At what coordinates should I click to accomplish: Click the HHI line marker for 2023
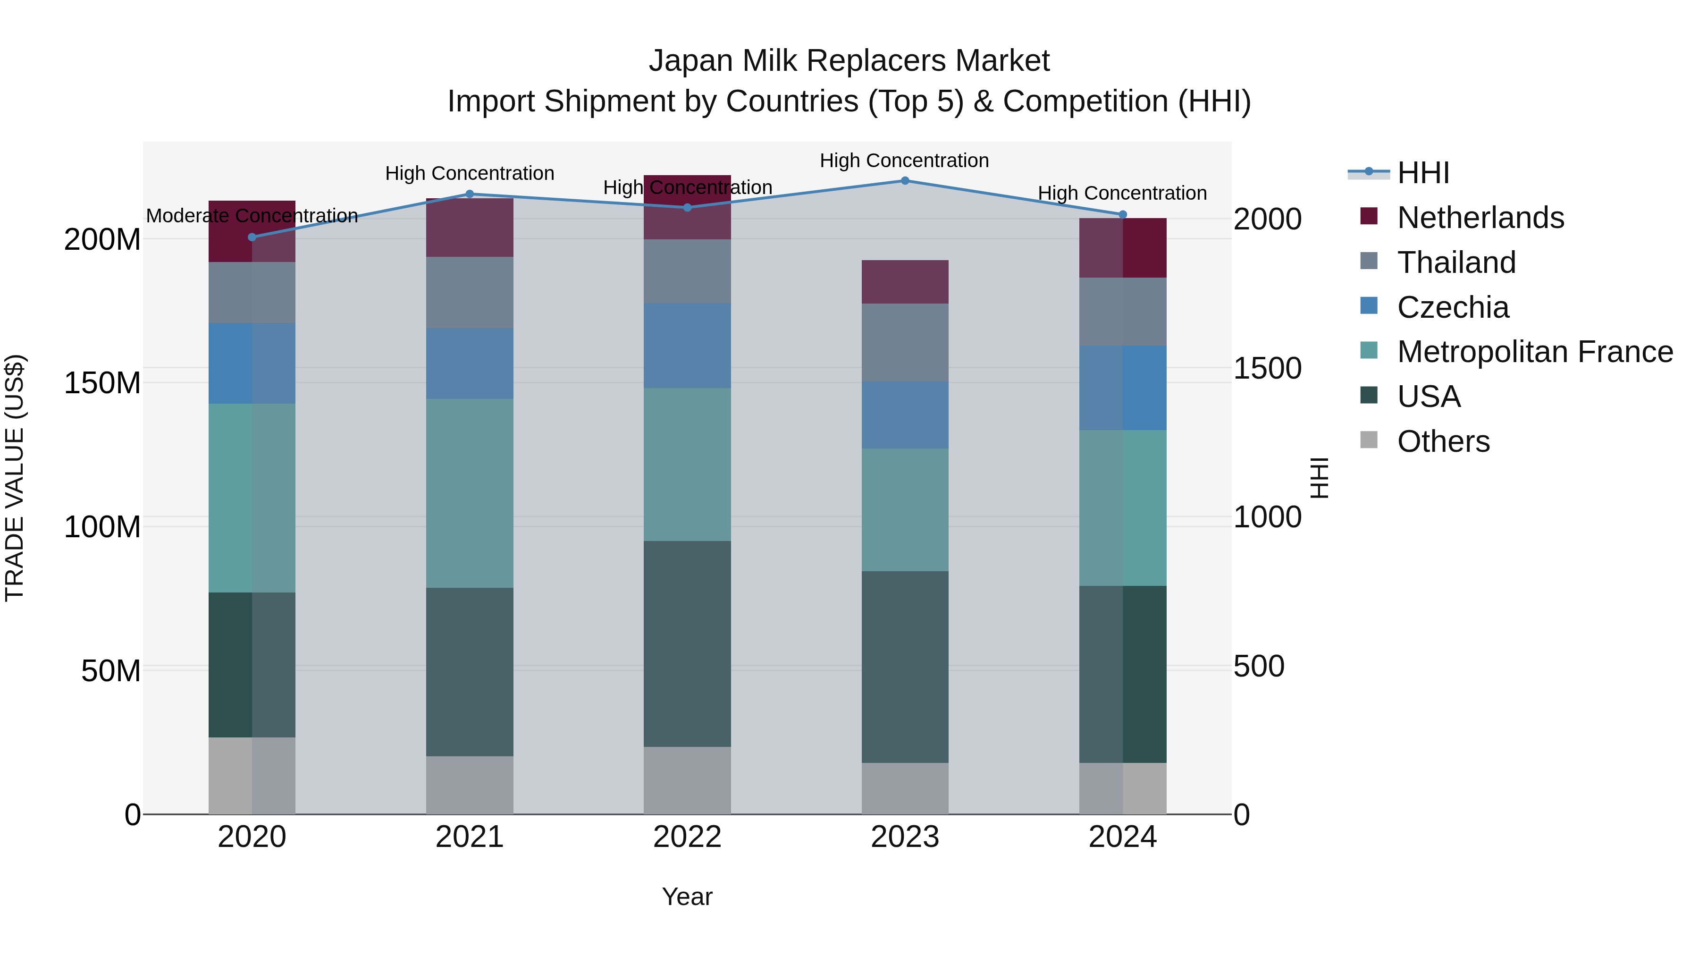pos(905,180)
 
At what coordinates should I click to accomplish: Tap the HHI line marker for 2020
pos(252,237)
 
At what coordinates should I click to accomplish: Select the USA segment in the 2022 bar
pos(687,643)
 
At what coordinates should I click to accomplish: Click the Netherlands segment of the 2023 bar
pos(905,282)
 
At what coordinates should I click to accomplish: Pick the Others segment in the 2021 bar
pos(470,785)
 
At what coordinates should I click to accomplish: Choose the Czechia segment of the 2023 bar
pos(905,415)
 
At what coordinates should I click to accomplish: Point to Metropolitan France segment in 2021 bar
pos(470,493)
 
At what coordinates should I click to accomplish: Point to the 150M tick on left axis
pos(102,383)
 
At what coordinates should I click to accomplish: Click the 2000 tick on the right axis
pos(1267,219)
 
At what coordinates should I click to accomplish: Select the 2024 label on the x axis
pos(1123,837)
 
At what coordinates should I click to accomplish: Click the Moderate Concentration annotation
pos(252,216)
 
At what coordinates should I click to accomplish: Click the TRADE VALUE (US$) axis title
pos(15,478)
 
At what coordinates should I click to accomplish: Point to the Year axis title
pos(687,897)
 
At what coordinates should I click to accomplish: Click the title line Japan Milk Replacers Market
pos(849,61)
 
